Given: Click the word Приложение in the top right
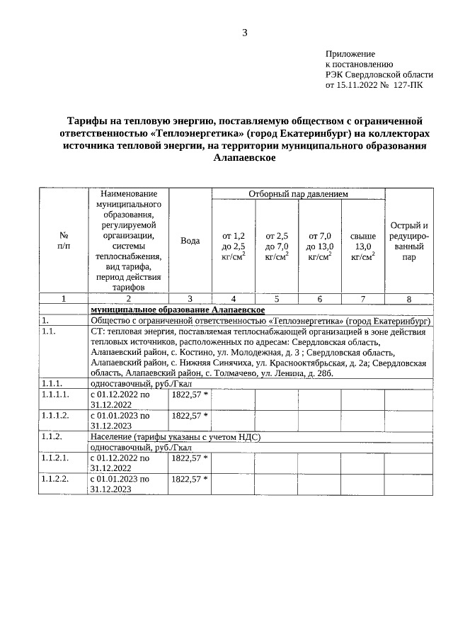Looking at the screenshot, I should (x=350, y=54).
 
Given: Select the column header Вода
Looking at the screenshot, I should (x=190, y=241).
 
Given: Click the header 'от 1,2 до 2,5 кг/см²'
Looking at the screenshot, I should (x=234, y=246).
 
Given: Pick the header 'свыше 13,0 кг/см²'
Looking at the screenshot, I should (x=363, y=246).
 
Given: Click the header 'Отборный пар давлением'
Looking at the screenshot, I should (x=298, y=194).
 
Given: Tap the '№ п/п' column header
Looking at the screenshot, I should (x=64, y=241).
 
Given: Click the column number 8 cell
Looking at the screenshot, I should (x=409, y=299).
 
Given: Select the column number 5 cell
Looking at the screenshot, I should (x=277, y=299).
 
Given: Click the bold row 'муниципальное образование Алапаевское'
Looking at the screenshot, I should (x=178, y=310).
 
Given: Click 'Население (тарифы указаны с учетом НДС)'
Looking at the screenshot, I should (x=176, y=437).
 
